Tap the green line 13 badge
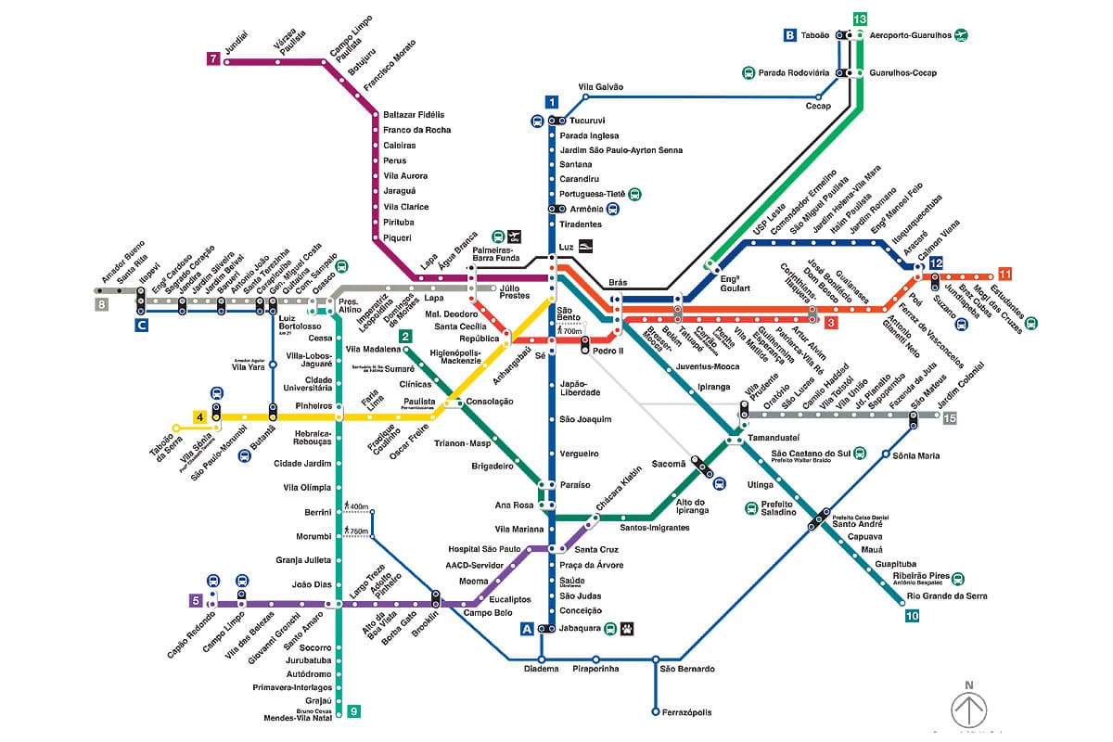coord(860,19)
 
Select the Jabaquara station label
coord(580,628)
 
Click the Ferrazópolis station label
coord(687,712)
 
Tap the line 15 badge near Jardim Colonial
coord(949,418)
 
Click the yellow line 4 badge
coord(199,417)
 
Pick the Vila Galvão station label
coord(601,87)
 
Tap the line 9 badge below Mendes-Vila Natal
coord(353,711)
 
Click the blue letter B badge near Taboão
coord(789,35)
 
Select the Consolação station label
coord(489,402)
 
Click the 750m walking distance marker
coord(357,531)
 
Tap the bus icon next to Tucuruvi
coord(537,121)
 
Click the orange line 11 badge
coord(1004,274)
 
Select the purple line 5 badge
coord(196,600)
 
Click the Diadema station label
coord(541,668)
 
